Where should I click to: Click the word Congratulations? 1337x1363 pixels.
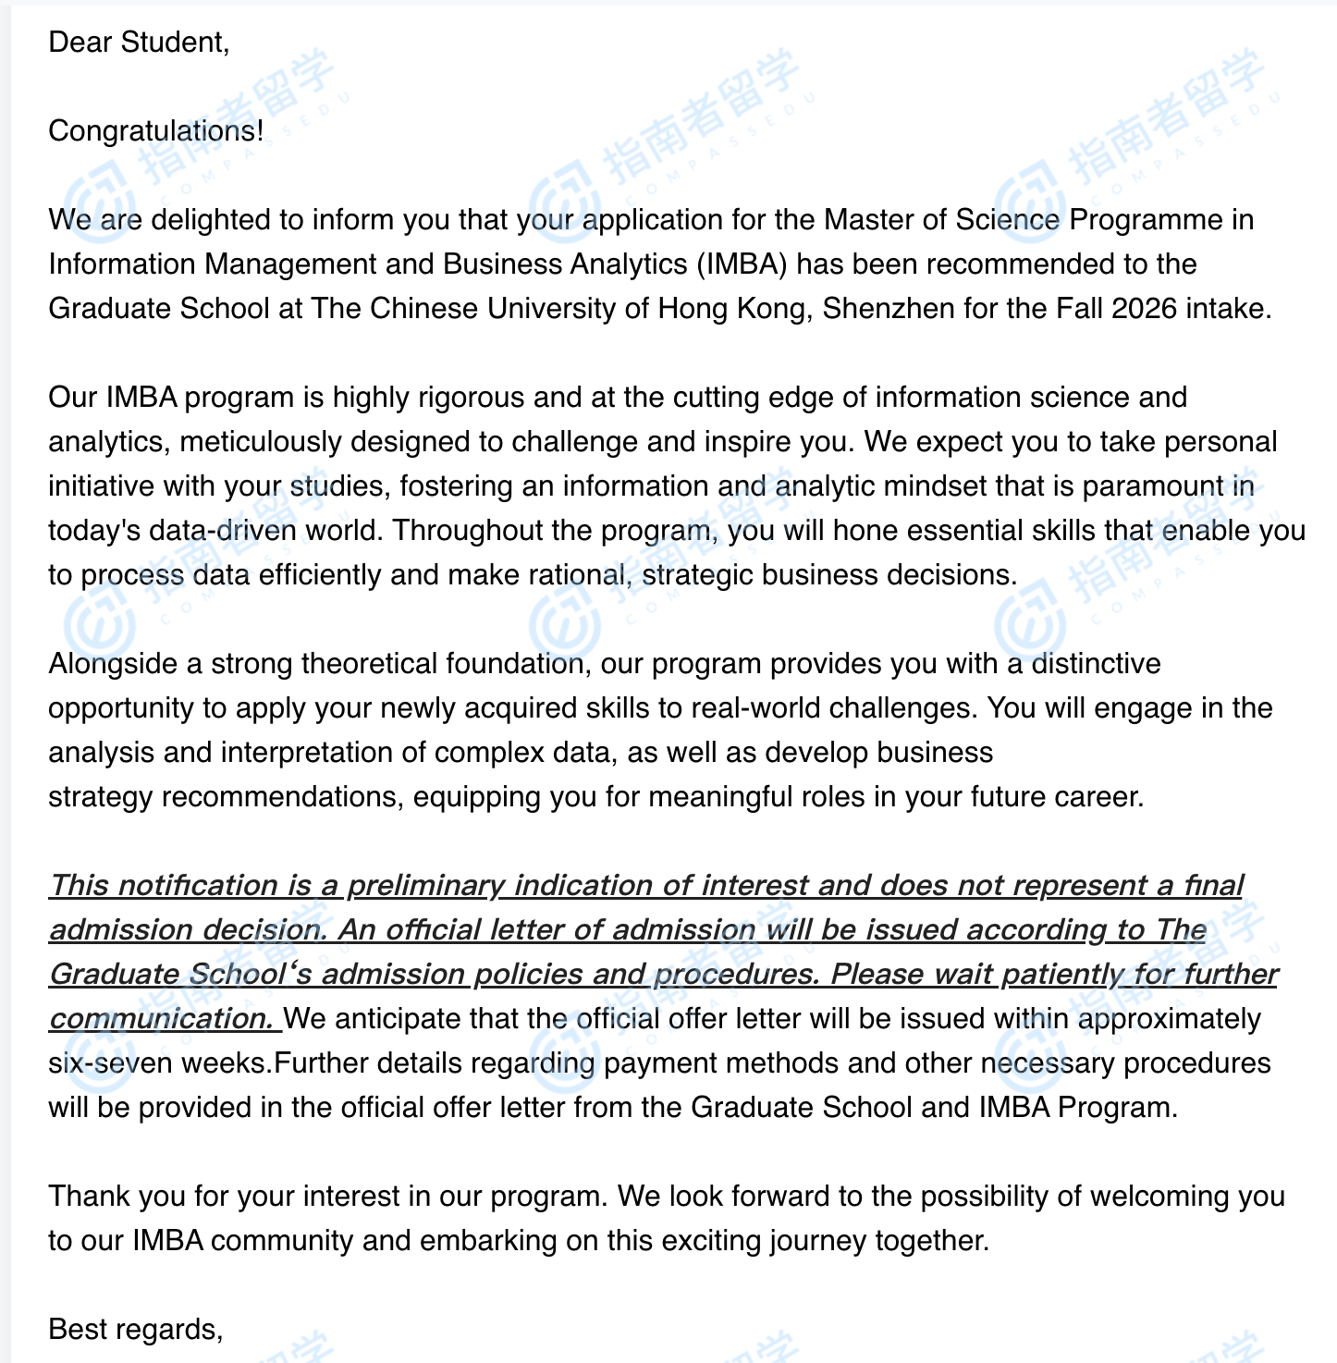click(x=155, y=131)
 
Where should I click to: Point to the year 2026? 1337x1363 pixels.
click(x=1145, y=309)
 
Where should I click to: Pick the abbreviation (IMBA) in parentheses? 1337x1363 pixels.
click(x=742, y=264)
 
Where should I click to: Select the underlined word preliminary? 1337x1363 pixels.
click(x=425, y=886)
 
